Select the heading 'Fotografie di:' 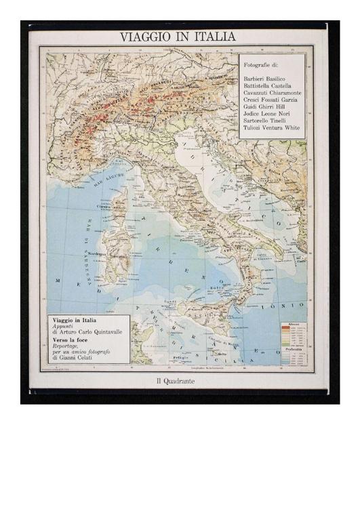point(261,66)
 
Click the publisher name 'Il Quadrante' point(176,382)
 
